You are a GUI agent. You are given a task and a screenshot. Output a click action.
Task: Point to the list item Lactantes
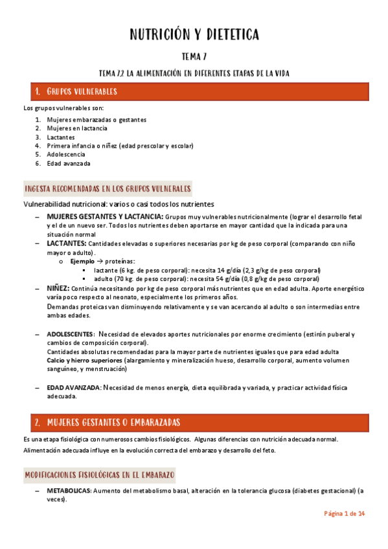(60, 137)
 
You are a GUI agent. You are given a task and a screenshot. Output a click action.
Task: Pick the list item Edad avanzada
(69, 164)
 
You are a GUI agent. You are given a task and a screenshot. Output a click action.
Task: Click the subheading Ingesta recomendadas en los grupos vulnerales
(107, 189)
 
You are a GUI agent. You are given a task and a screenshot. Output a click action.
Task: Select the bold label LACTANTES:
(66, 243)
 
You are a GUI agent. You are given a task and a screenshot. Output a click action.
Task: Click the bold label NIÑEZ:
(58, 288)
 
